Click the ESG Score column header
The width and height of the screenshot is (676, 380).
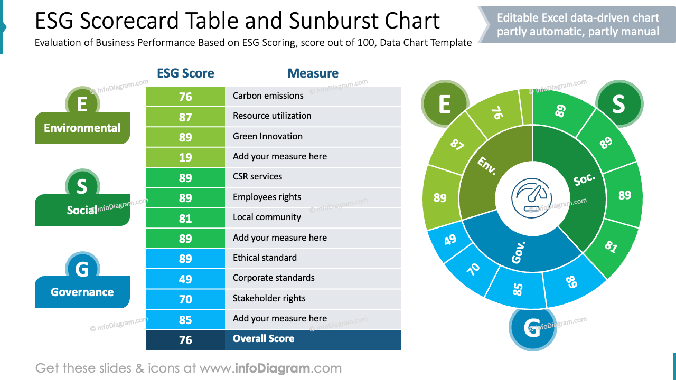click(x=185, y=73)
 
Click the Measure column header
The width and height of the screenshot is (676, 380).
click(x=313, y=73)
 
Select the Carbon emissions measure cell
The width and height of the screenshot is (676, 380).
click(x=313, y=96)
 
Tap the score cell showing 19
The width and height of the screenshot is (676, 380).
click(x=185, y=157)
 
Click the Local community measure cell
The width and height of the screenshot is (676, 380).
click(x=313, y=217)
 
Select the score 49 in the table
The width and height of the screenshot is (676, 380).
click(x=185, y=279)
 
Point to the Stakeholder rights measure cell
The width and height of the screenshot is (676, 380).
click(x=313, y=299)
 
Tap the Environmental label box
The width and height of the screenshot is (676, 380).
click(x=82, y=128)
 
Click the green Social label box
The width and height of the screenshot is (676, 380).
click(x=82, y=210)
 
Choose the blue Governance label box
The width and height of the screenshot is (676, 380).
click(x=82, y=292)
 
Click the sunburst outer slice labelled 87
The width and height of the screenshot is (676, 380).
click(x=457, y=145)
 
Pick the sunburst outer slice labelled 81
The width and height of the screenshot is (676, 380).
click(x=611, y=246)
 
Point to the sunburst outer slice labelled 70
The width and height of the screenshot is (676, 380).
click(x=474, y=269)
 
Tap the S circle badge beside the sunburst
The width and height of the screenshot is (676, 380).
click(x=619, y=104)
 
